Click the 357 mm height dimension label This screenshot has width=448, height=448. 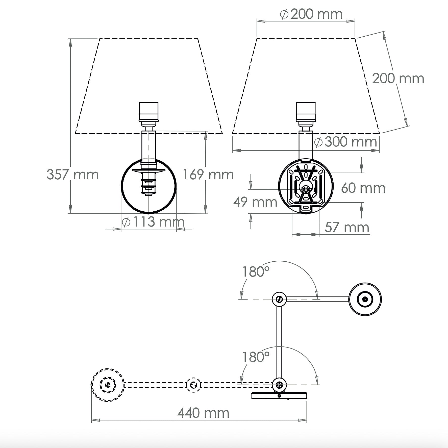pyautogui.click(x=73, y=175)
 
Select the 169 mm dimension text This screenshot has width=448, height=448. pyautogui.click(x=208, y=175)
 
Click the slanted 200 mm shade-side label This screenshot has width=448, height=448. pyautogui.click(x=398, y=78)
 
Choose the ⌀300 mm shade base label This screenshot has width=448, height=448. pyautogui.click(x=345, y=142)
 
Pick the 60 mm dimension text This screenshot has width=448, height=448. pyautogui.click(x=363, y=188)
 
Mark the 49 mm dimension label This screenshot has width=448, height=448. pyautogui.click(x=255, y=202)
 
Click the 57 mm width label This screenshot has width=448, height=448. pyautogui.click(x=347, y=227)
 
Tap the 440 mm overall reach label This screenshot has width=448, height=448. pyautogui.click(x=203, y=413)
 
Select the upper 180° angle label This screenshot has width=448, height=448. pyautogui.click(x=256, y=272)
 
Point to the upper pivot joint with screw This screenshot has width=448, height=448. pyautogui.click(x=279, y=299)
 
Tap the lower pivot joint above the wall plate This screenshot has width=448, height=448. pyautogui.click(x=279, y=385)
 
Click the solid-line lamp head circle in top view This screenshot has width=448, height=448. pyautogui.click(x=365, y=299)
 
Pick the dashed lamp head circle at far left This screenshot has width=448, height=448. pyautogui.click(x=108, y=385)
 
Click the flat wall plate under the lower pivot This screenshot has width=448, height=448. pyautogui.click(x=279, y=395)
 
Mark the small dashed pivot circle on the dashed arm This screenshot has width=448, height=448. pyautogui.click(x=193, y=385)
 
